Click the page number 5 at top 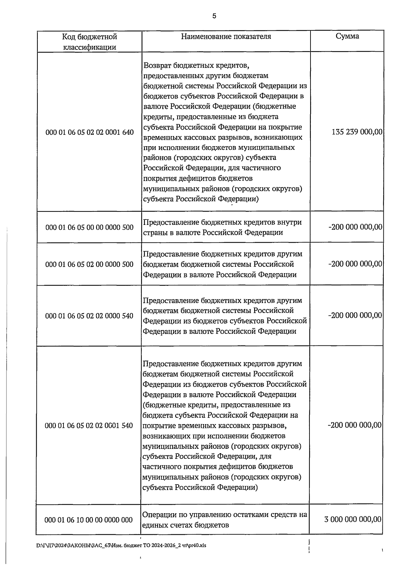pos(214,16)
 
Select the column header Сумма pos(347,36)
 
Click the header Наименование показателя pos(226,36)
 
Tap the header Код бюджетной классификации pos(89,42)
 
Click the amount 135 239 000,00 pos(357,132)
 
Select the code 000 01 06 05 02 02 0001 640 pos(89,132)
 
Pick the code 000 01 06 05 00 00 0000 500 pos(89,227)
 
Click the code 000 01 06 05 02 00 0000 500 pos(89,264)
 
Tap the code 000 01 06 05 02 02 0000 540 pos(89,316)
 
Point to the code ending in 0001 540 pos(89,425)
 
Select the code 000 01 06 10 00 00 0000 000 pos(89,520)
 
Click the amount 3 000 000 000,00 pos(353,519)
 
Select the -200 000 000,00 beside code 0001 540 pos(355,425)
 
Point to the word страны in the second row pos(156,233)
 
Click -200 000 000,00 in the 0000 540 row pos(355,315)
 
